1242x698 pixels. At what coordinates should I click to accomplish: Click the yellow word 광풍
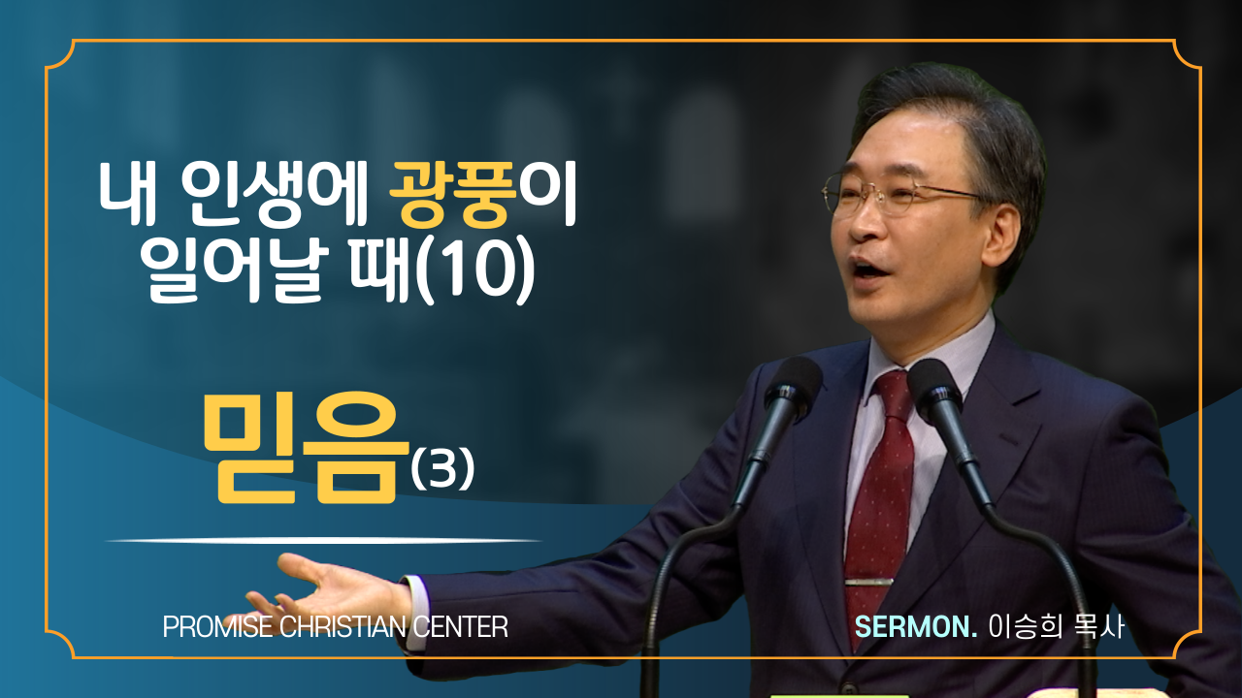point(453,196)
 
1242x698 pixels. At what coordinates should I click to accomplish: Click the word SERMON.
point(915,627)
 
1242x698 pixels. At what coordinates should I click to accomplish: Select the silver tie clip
point(868,582)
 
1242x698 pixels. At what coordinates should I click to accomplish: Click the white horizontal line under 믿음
point(323,540)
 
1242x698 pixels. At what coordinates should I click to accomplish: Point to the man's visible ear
point(1001,232)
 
